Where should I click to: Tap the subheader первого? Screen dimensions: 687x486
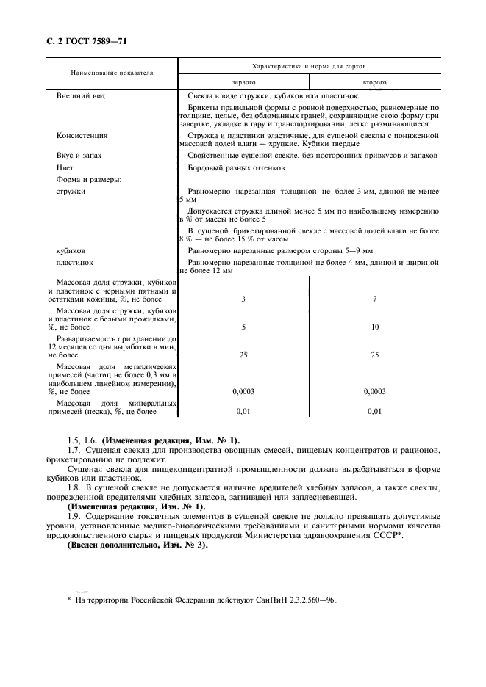(x=243, y=83)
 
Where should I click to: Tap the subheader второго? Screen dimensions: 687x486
(x=374, y=83)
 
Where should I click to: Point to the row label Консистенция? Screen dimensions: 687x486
(x=82, y=136)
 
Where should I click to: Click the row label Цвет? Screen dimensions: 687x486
(x=66, y=167)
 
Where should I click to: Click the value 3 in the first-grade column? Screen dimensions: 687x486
(x=243, y=299)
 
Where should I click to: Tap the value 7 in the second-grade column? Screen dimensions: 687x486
(x=374, y=299)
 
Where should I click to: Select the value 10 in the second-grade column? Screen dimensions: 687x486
(x=374, y=327)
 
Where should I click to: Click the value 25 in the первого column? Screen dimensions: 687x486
(x=243, y=355)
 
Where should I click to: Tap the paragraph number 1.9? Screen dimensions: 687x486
(x=73, y=516)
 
